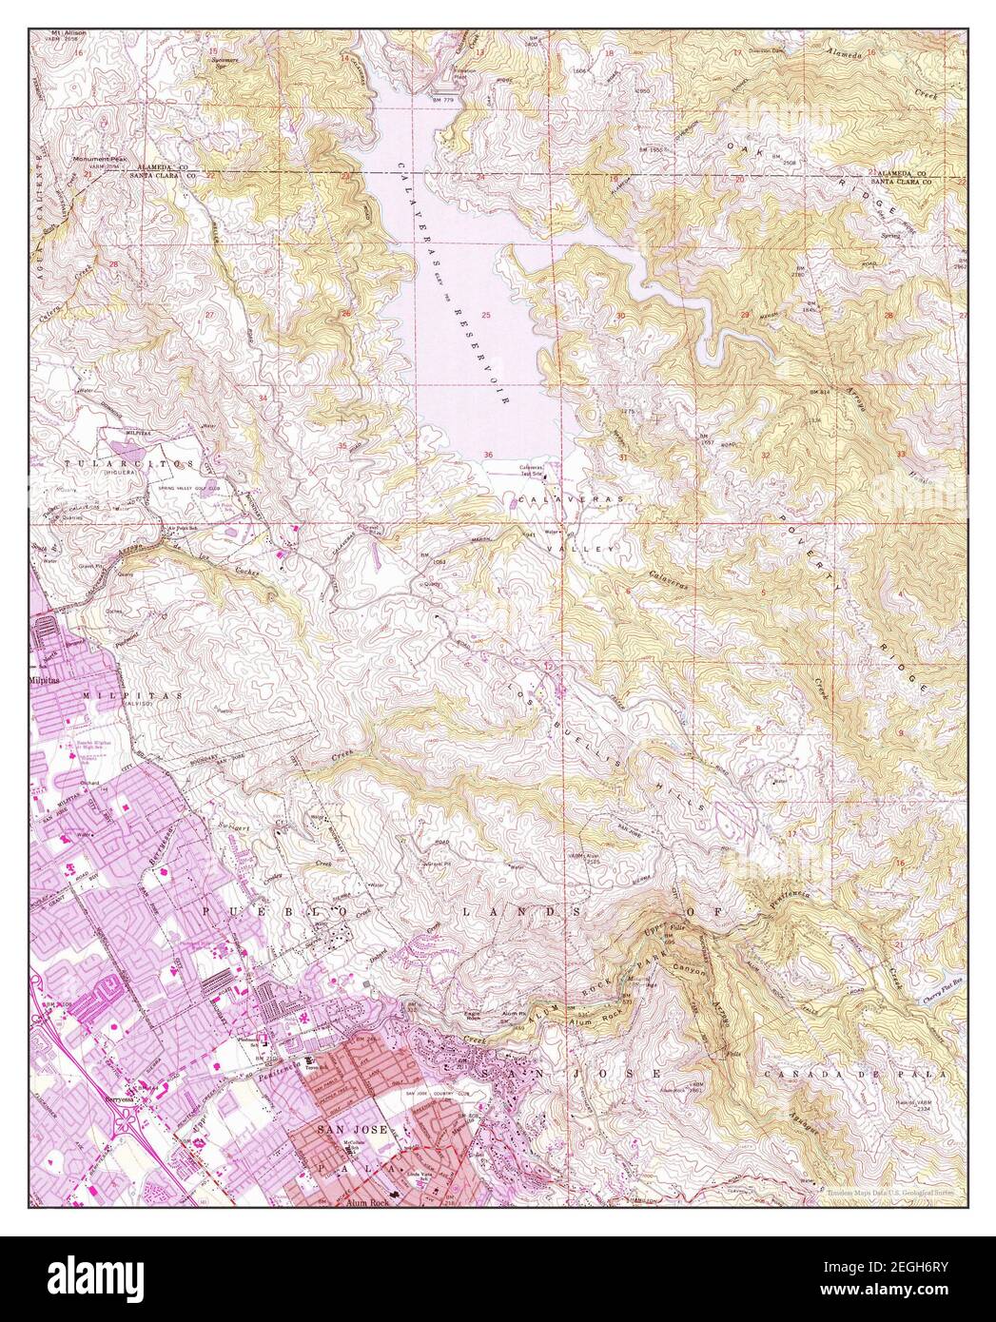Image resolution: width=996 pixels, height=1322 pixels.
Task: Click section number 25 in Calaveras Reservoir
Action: (486, 315)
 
